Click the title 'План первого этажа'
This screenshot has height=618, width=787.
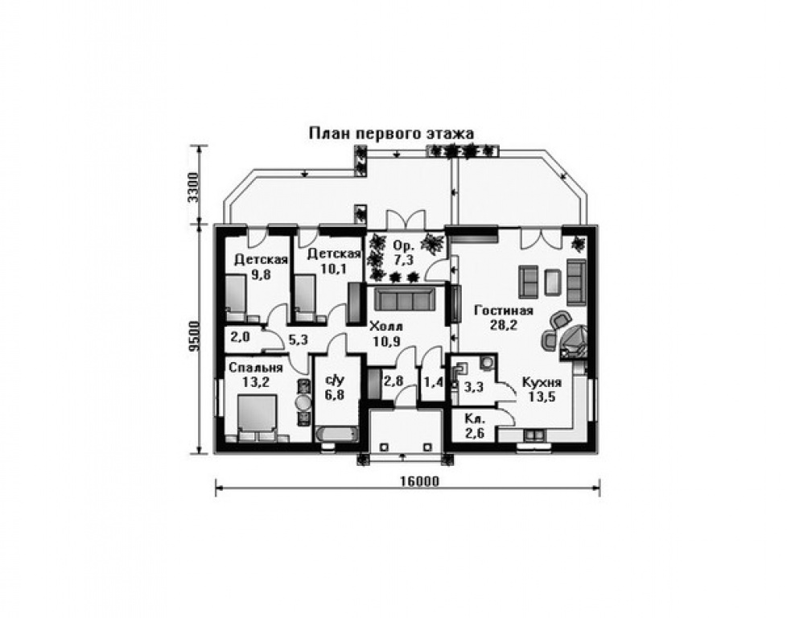391,134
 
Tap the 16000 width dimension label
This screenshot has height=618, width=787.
419,481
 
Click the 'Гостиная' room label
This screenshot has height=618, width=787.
504,311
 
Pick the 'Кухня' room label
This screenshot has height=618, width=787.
542,382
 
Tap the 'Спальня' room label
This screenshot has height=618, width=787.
256,368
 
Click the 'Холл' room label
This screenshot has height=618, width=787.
385,328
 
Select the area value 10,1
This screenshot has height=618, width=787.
334,269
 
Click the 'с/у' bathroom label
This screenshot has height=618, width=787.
335,380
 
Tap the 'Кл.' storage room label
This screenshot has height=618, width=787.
474,418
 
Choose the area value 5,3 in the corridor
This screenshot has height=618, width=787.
298,340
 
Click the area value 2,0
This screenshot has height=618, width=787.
240,336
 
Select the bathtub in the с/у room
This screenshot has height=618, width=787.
336,435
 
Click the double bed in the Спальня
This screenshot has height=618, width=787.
257,416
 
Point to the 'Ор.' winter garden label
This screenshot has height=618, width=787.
404,246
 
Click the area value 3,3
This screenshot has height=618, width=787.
473,387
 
